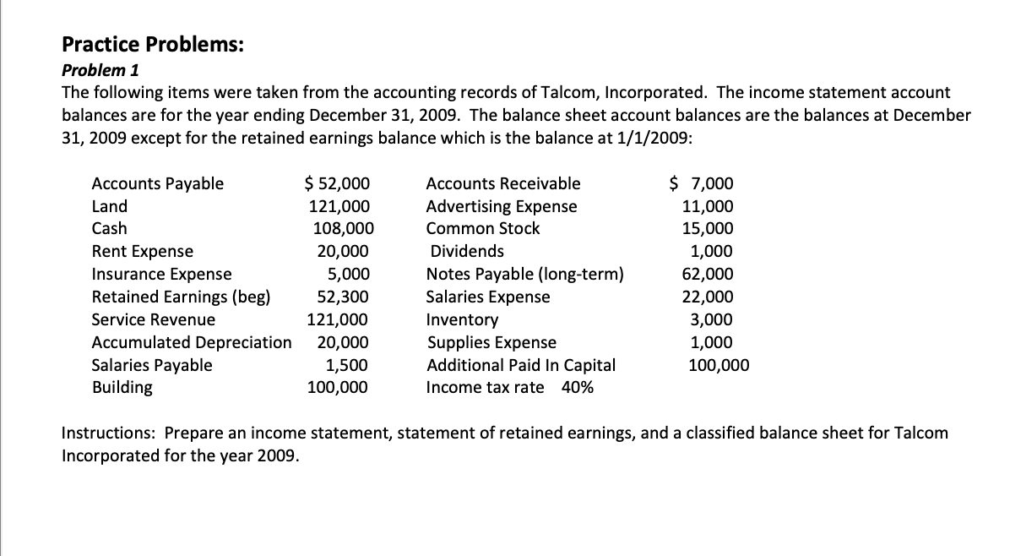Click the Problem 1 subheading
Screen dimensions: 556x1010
[x=101, y=70]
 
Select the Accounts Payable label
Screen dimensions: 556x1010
[x=157, y=183]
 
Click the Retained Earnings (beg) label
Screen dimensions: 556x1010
[x=181, y=297]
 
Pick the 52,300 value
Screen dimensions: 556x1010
[x=342, y=297]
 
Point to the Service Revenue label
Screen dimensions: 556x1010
[x=153, y=320]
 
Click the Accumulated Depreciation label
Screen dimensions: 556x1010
[x=192, y=343]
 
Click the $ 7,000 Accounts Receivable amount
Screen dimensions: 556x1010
[x=702, y=183]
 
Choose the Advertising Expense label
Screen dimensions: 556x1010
[x=502, y=206]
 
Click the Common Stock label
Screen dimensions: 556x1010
[x=483, y=229]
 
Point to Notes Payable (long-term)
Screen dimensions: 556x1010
[x=525, y=275]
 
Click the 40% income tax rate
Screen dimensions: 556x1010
[x=578, y=388]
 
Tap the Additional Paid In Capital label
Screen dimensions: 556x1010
[x=521, y=366]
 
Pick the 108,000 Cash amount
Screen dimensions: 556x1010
[x=340, y=229]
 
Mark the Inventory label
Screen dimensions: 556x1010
[x=462, y=320]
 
